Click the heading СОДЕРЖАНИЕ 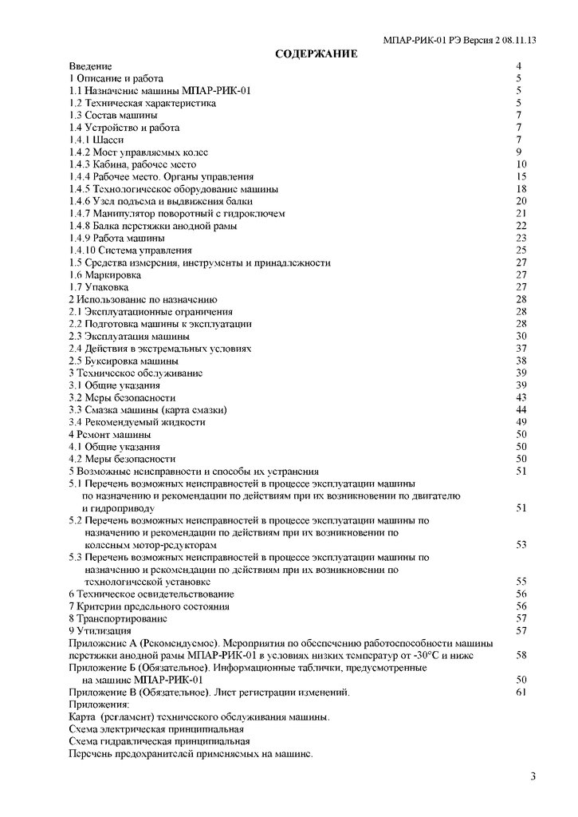tap(316, 53)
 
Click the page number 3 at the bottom tap(533, 776)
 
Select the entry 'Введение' tap(90, 66)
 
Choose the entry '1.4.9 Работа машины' tap(117, 238)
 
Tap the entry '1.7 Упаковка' tap(99, 286)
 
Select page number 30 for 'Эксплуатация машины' tap(522, 336)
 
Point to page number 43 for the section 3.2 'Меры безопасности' tap(522, 397)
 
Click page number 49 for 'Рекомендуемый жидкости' tap(522, 422)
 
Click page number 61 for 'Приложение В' tap(522, 692)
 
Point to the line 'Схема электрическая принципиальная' tap(156, 729)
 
